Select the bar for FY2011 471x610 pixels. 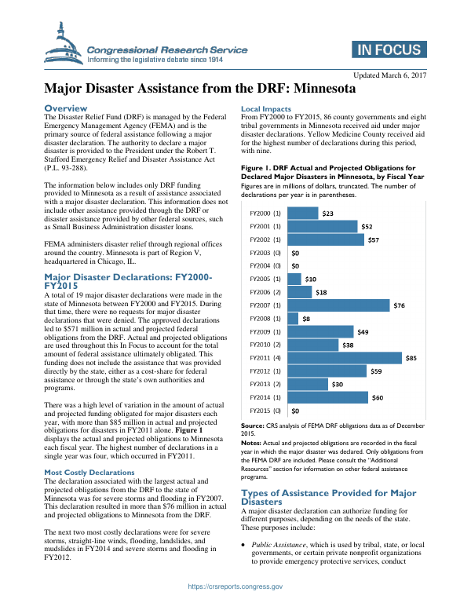coord(345,358)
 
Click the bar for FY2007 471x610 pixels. coord(340,305)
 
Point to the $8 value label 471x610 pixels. coord(306,319)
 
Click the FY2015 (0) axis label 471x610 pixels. coord(265,411)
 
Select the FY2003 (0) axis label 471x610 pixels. coord(265,253)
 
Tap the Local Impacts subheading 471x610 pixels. coord(266,108)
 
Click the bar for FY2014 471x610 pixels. coord(328,397)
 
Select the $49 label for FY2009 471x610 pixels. coord(363,332)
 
